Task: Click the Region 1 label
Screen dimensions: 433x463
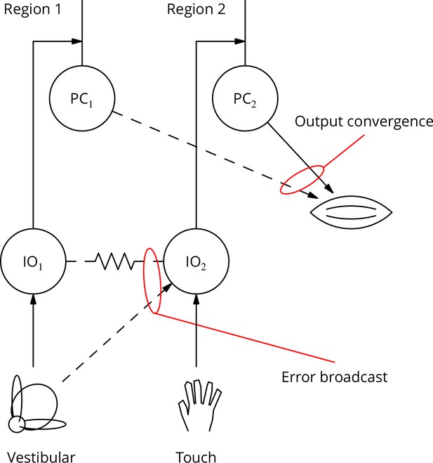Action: point(32,9)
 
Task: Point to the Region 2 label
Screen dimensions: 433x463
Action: point(196,9)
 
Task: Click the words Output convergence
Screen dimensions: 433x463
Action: point(364,122)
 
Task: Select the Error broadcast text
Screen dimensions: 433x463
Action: point(335,377)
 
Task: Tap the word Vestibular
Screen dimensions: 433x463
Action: point(41,456)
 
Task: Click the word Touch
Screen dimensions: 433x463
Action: point(196,456)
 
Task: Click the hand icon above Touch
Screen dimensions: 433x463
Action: point(200,405)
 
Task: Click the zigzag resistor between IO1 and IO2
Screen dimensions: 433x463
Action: point(115,261)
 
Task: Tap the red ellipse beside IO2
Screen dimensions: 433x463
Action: point(144,280)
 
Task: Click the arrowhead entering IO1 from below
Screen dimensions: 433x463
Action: point(33,299)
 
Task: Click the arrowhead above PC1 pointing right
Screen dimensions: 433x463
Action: point(77,41)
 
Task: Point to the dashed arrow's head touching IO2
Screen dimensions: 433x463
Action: point(168,287)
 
